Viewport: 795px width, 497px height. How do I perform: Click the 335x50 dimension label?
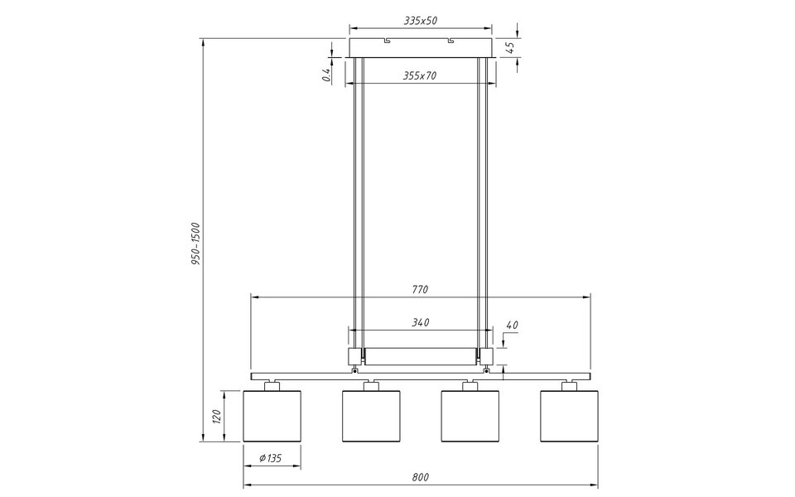click(420, 21)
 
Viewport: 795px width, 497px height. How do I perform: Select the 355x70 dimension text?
click(420, 75)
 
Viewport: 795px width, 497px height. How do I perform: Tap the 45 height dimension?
click(511, 47)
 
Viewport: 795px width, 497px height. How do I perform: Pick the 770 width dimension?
click(420, 290)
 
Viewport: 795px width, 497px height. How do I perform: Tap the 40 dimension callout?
click(511, 326)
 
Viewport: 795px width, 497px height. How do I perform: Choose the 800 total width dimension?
click(420, 478)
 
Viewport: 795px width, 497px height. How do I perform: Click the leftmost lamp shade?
click(272, 416)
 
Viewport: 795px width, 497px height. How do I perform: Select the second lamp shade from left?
click(371, 416)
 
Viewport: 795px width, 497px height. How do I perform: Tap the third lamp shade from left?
click(470, 416)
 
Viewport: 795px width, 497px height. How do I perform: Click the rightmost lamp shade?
click(569, 416)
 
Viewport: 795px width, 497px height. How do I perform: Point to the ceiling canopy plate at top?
click(422, 47)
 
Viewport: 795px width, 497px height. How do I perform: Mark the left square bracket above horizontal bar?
click(354, 356)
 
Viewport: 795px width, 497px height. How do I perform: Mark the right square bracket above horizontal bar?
click(486, 356)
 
